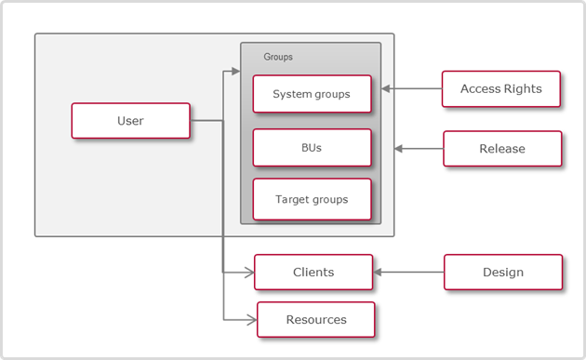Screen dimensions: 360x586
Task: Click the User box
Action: click(130, 121)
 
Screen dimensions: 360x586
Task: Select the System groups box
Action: click(312, 94)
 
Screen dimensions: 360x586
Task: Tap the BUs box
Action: click(312, 147)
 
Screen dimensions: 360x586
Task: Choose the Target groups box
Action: click(312, 199)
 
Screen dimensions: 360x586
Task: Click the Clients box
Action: click(313, 273)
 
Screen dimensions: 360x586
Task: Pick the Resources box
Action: click(315, 319)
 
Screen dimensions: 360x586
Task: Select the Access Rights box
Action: click(501, 89)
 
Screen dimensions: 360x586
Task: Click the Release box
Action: click(502, 149)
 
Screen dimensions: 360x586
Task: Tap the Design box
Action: click(502, 273)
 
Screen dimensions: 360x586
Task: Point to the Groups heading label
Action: click(278, 57)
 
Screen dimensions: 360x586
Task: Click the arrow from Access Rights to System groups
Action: click(410, 89)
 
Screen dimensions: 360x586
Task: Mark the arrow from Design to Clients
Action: click(409, 273)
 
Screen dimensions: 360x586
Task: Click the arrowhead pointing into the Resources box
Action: click(250, 320)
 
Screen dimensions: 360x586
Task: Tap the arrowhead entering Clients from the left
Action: click(248, 273)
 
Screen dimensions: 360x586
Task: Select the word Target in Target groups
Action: click(292, 199)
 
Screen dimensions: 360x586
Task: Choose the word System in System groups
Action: click(292, 94)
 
